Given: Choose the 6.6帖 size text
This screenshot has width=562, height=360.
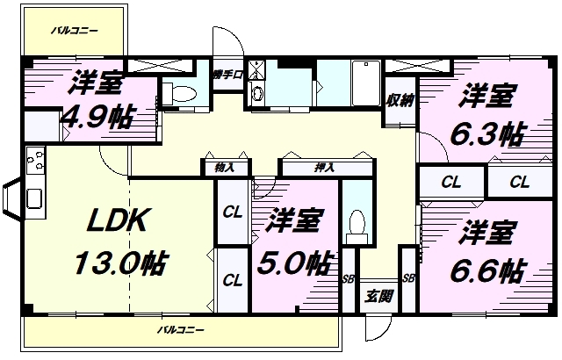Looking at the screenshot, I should [x=484, y=268].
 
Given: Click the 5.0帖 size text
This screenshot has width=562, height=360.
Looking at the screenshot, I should [x=293, y=261].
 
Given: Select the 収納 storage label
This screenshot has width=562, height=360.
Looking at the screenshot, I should [x=399, y=100].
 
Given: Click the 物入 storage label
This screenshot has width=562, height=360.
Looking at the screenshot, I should [x=224, y=165].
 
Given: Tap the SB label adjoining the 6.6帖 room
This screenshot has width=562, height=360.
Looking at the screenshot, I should [x=407, y=278].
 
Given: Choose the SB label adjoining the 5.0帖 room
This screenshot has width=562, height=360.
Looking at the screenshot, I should [x=347, y=278].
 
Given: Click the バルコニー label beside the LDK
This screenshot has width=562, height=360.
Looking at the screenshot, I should [x=180, y=331].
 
